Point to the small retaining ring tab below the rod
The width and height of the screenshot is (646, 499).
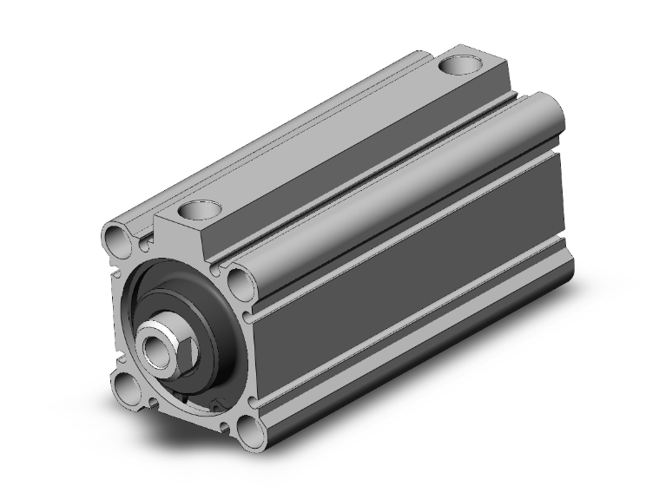[214, 404]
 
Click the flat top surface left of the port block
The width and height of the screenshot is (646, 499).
[260, 148]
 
